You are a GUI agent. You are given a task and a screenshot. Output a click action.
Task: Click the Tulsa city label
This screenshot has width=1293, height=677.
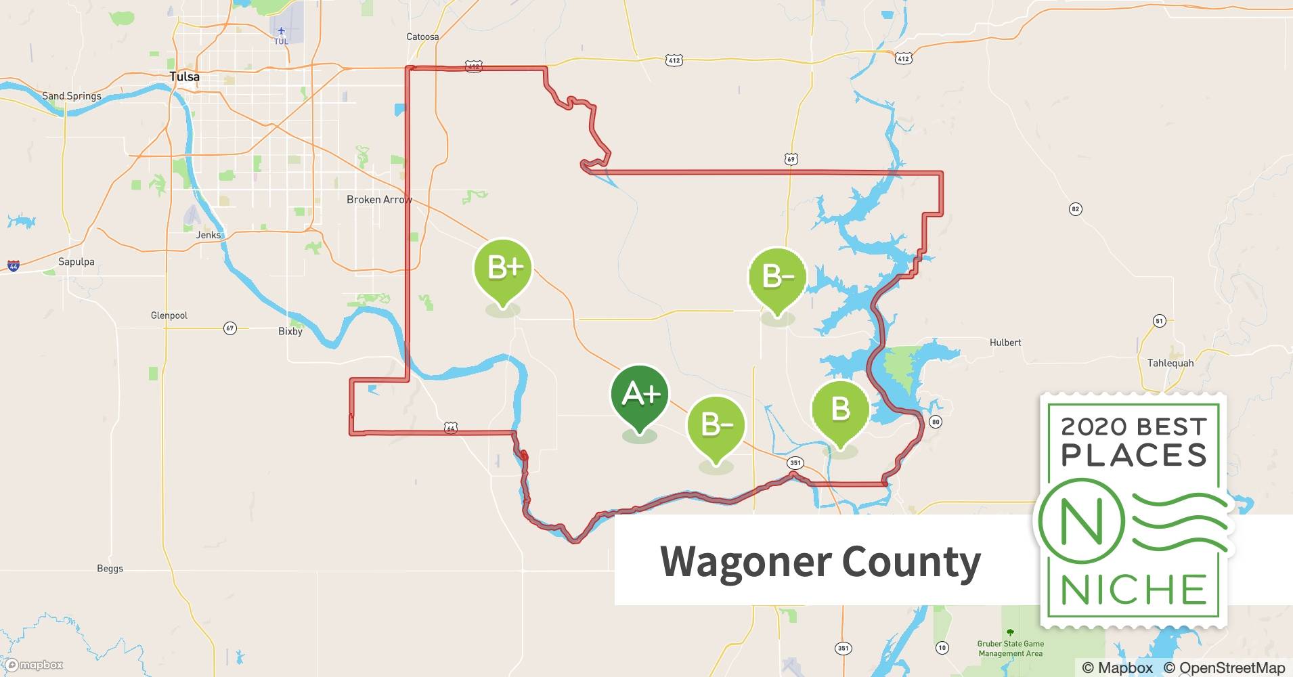185,77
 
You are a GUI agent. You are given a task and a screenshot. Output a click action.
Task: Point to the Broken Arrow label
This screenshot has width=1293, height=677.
378,200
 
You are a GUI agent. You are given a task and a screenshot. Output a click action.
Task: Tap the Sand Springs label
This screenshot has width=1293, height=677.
72,96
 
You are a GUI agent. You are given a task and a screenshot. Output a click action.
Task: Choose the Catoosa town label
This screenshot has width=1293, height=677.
422,37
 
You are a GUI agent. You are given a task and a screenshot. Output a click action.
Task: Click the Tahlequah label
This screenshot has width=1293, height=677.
1170,363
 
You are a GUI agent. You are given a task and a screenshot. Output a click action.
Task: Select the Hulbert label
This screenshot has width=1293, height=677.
1005,343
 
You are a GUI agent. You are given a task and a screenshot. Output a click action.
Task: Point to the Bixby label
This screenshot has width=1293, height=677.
290,331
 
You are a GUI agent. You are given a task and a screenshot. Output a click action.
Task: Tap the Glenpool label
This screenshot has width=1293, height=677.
169,315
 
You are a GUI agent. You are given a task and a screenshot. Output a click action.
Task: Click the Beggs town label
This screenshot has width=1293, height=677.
110,569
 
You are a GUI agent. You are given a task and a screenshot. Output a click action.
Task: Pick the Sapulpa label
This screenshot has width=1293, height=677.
76,262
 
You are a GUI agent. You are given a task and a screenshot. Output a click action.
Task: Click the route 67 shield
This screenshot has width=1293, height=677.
230,328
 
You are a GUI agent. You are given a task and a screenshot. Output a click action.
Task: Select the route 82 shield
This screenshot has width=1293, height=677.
1076,209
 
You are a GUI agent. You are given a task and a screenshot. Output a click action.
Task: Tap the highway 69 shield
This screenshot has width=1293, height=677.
791,159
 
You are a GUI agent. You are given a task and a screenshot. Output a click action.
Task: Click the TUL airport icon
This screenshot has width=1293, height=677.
281,31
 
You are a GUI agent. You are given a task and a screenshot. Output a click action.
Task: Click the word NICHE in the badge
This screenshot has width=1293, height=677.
1134,590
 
